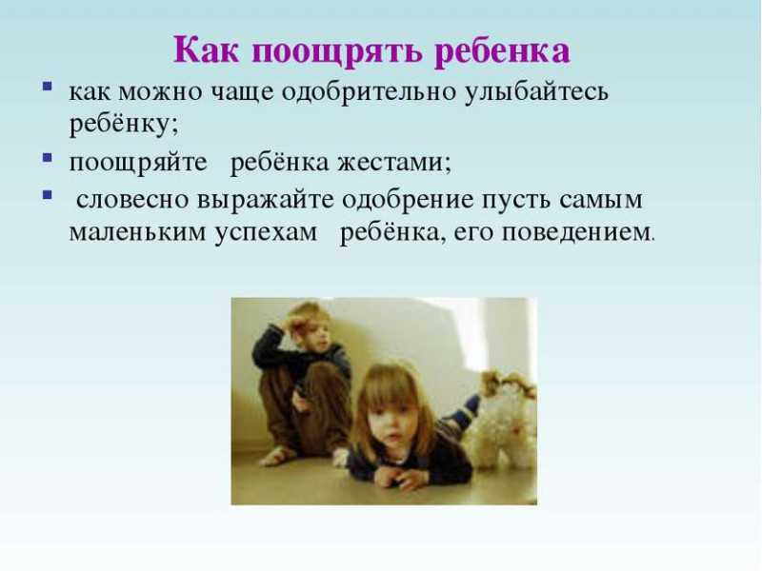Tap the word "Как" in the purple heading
coord(207,49)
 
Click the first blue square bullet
coord(47,87)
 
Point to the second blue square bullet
coord(47,158)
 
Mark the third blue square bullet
coord(47,195)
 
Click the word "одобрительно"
coord(369,91)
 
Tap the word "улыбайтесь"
coord(536,92)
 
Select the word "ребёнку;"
coord(124,125)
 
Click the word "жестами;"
coord(394,162)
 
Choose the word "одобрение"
coord(408,201)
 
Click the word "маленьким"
coord(137,232)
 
